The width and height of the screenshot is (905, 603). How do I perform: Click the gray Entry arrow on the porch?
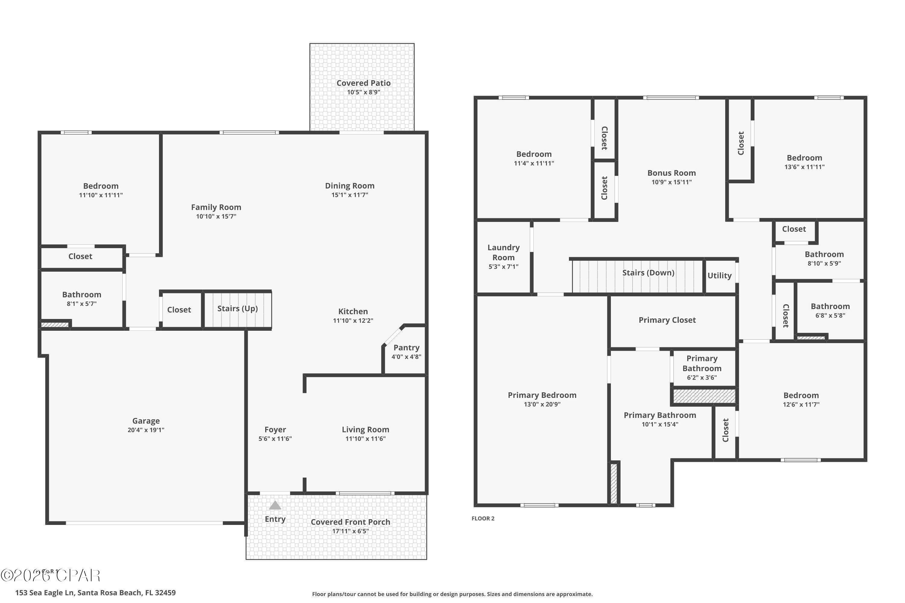click(x=275, y=505)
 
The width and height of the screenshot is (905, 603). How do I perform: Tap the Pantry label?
click(x=406, y=348)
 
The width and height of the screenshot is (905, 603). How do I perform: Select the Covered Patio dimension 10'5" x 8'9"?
click(x=363, y=92)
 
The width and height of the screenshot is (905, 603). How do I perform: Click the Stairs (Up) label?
click(x=237, y=308)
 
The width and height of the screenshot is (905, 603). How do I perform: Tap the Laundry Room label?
click(x=503, y=252)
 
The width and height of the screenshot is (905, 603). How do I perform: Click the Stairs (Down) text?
click(x=648, y=273)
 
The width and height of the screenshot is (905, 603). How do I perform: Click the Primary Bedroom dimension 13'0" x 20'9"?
click(x=542, y=404)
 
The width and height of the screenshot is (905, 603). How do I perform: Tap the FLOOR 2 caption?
click(x=483, y=518)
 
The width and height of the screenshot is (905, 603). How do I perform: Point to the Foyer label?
click(x=275, y=430)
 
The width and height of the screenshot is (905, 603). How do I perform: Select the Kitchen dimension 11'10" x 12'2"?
click(x=353, y=321)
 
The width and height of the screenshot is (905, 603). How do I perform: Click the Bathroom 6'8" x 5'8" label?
click(x=830, y=307)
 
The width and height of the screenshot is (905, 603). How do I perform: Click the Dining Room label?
click(x=349, y=186)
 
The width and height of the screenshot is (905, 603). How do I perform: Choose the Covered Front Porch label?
click(x=350, y=522)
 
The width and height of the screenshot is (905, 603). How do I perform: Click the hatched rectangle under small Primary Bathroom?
click(x=704, y=396)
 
